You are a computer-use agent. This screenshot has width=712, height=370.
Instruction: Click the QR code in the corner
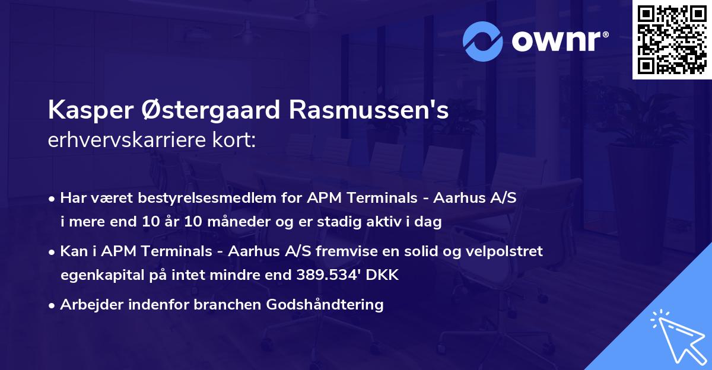pos(672,40)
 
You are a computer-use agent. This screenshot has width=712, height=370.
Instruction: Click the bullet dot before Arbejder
pos(53,305)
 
